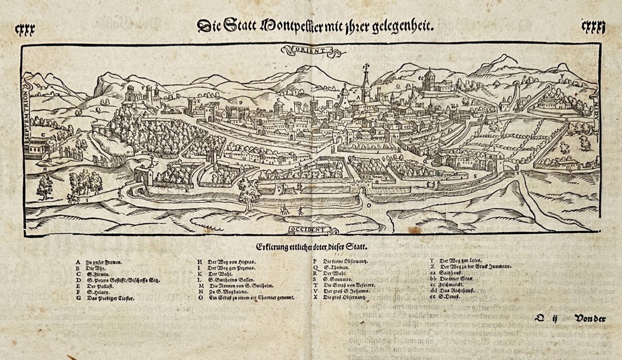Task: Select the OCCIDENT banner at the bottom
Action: tap(307, 229)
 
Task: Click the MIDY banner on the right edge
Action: tap(596, 98)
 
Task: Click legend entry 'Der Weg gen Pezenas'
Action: tap(228, 268)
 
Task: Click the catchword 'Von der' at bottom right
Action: tap(590, 319)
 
